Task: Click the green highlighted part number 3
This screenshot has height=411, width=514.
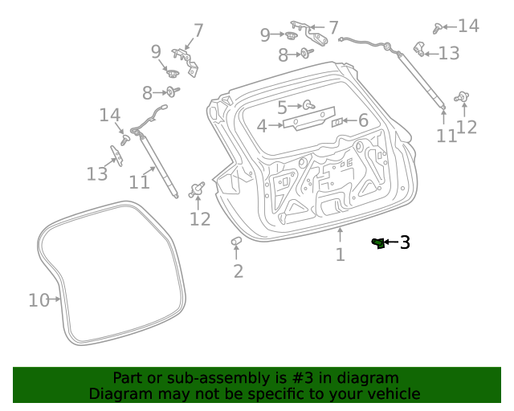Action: click(x=377, y=242)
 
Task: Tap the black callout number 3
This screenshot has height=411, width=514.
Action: click(x=405, y=242)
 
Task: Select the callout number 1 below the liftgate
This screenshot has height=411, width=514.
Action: click(x=341, y=254)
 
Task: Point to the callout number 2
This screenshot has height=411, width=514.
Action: click(x=238, y=271)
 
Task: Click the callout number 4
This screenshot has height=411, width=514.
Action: click(x=262, y=126)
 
